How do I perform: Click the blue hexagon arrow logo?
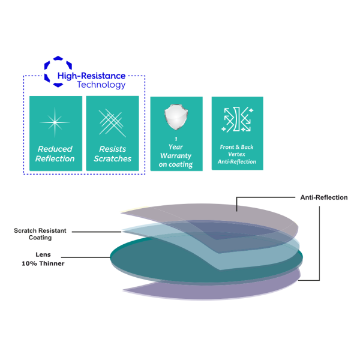(x=57, y=71)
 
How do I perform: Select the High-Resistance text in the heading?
(x=91, y=76)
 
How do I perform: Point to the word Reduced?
(x=55, y=149)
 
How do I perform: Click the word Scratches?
(x=112, y=159)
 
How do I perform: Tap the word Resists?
(x=112, y=149)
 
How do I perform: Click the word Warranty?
(x=176, y=155)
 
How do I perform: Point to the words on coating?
(x=176, y=164)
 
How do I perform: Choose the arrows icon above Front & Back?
(x=237, y=119)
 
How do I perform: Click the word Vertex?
(x=237, y=154)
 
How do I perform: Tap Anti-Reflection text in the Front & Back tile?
(x=237, y=162)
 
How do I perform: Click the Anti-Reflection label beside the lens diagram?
(x=323, y=197)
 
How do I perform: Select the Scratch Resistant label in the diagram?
(x=40, y=230)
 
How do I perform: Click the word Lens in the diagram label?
(x=43, y=254)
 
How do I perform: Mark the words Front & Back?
(x=237, y=146)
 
